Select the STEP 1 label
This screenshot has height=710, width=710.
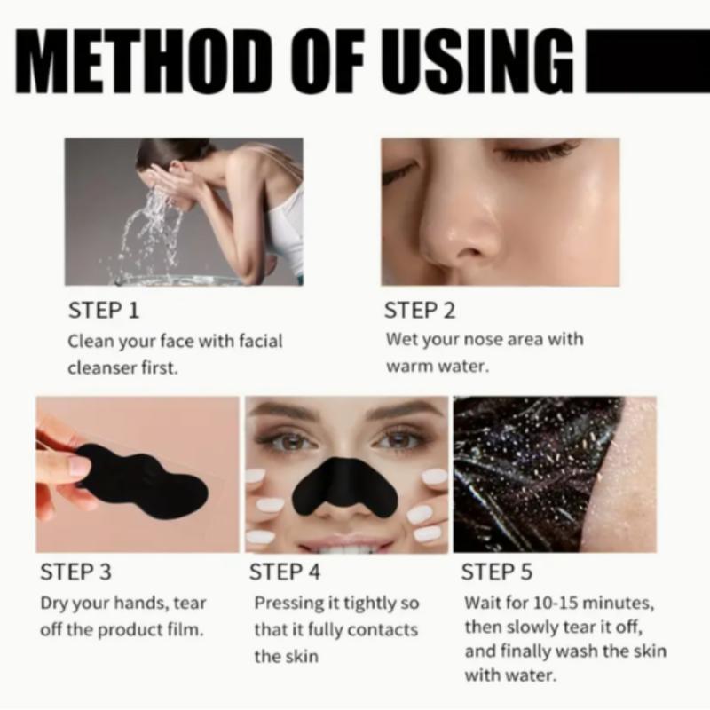click(x=103, y=311)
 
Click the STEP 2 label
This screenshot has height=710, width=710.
click(x=419, y=311)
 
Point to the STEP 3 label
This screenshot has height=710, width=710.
click(x=76, y=571)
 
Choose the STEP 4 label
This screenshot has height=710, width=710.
click(x=285, y=571)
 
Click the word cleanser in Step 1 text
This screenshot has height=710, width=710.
click(x=101, y=367)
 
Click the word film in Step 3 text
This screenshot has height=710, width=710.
click(x=186, y=631)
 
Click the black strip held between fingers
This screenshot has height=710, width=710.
click(x=142, y=475)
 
